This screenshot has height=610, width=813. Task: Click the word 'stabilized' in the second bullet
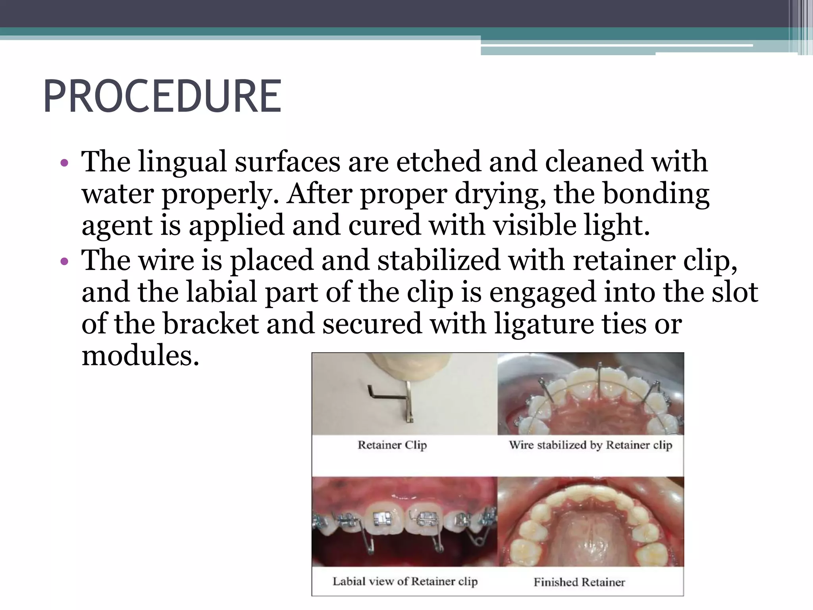click(x=439, y=261)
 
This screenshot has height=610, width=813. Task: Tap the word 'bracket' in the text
click(x=211, y=324)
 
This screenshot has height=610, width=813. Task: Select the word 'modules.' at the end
click(x=140, y=355)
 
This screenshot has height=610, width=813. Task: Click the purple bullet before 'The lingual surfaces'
click(x=64, y=163)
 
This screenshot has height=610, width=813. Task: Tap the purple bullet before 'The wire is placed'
click(x=64, y=262)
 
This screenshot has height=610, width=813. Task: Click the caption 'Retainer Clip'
click(x=392, y=445)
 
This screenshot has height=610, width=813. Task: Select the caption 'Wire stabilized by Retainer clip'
click(x=591, y=445)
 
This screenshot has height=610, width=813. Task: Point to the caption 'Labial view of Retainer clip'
click(x=405, y=581)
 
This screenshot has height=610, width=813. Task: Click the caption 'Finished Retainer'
click(x=579, y=582)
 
